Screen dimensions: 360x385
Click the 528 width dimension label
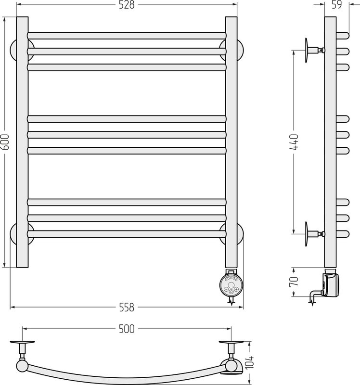pos(127,5)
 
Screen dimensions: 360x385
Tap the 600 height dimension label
pos(5,142)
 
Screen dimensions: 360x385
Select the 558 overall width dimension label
pos(127,307)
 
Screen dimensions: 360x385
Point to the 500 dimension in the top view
pos(127,329)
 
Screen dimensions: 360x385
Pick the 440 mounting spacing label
pos(294,142)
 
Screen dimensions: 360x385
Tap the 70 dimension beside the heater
pos(294,282)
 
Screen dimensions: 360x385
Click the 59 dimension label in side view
pos(337,5)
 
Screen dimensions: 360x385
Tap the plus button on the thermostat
pos(236,289)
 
